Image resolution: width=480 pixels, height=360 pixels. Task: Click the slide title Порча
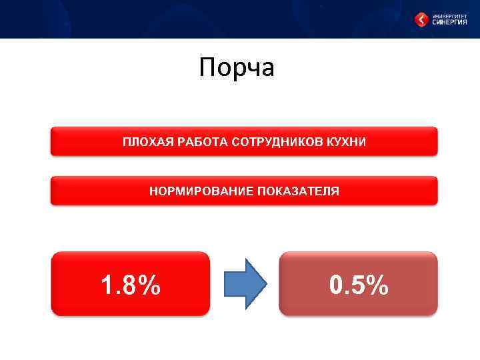coord(237,68)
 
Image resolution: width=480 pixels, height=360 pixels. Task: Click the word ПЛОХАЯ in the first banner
coord(143,142)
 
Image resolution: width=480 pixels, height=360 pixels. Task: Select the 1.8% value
coord(131,285)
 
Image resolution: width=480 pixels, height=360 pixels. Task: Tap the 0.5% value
coord(359,285)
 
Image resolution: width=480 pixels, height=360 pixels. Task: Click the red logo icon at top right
coord(422,20)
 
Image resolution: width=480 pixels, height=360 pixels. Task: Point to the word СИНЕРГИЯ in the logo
coord(449,23)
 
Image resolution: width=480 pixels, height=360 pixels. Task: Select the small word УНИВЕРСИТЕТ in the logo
coord(449,15)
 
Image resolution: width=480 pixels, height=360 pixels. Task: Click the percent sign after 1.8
coord(150,285)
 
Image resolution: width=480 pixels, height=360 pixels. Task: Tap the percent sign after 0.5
coord(378,285)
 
